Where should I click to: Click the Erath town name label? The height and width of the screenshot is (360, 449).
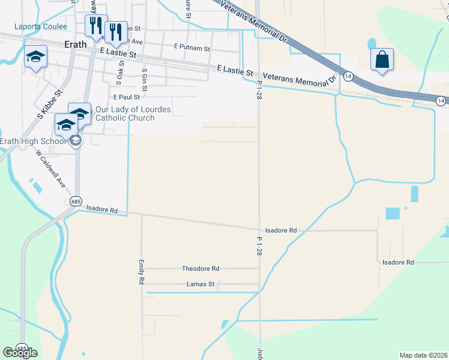tap(76, 44)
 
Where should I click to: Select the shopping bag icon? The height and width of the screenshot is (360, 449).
tap(382, 59)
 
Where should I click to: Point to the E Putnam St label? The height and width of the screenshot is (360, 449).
tap(191, 47)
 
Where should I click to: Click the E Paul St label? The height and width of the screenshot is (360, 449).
tap(126, 96)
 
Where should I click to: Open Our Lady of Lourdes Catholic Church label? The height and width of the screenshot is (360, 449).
tap(133, 113)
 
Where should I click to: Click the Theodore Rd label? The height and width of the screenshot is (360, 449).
tap(200, 269)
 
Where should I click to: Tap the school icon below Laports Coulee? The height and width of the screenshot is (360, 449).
tap(35, 58)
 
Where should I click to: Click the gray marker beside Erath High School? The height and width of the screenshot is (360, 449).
tap(76, 142)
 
